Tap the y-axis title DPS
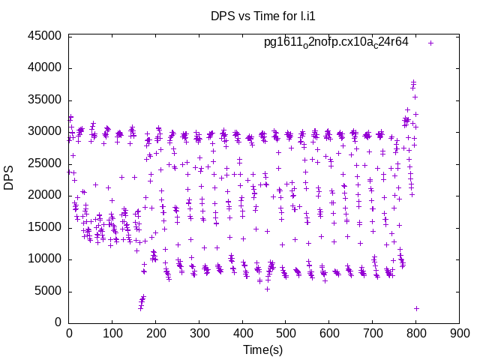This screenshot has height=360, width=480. coord(9,178)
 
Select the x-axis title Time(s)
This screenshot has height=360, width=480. coord(263,350)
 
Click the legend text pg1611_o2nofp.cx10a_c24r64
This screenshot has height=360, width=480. coord(336,42)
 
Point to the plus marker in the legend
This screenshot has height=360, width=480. coord(431,43)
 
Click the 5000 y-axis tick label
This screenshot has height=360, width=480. coord(48,291)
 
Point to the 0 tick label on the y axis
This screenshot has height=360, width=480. coord(58,322)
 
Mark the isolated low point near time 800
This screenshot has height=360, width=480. coord(416,308)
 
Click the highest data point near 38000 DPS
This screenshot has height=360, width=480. coord(413,82)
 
